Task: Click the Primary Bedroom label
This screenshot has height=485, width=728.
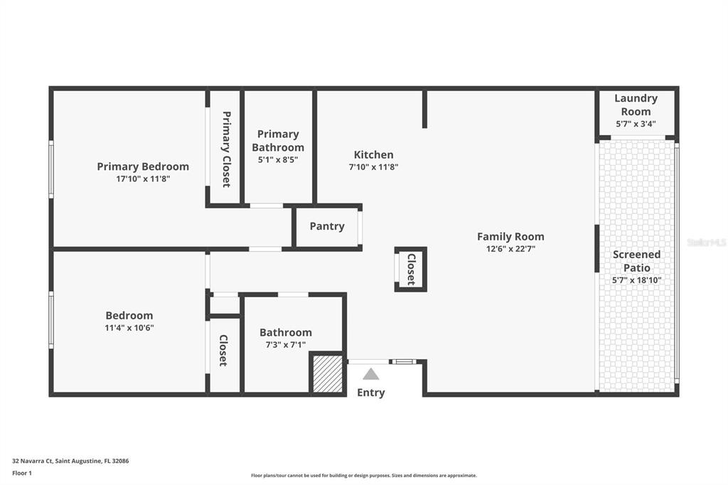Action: point(143,166)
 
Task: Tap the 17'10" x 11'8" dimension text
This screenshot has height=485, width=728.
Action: point(143,179)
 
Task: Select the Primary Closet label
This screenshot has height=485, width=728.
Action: point(226,149)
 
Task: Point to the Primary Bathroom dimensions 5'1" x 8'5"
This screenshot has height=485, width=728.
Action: point(277,160)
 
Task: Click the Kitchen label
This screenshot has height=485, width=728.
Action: point(373,154)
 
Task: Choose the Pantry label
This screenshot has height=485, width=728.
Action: point(327,226)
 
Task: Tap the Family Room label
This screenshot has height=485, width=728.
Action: point(510,236)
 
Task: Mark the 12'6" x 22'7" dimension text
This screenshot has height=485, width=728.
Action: point(510,249)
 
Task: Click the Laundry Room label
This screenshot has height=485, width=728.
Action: point(636,105)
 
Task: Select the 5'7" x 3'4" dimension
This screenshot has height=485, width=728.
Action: point(636,124)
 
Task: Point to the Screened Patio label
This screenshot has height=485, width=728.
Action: point(636,261)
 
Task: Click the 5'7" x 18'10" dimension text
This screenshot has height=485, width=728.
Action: point(636,280)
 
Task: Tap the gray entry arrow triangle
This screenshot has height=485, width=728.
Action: point(371,374)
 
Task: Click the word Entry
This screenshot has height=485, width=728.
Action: point(371,393)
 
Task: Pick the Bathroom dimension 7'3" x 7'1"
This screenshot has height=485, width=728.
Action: point(285,345)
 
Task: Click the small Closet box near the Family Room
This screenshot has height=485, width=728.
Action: point(411,270)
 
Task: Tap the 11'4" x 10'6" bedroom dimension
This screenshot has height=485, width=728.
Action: point(129,328)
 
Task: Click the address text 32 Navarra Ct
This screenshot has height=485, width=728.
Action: point(39,461)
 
